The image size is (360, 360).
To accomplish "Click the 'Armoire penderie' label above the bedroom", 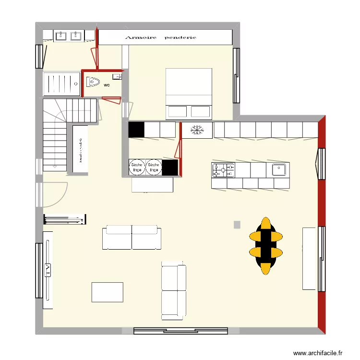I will pyautogui.click(x=160, y=37).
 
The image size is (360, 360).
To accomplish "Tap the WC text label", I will pyautogui.click(x=107, y=85).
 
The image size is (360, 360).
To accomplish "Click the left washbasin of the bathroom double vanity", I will pyautogui.click(x=61, y=36).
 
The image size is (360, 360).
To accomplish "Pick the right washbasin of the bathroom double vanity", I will pyautogui.click(x=76, y=36).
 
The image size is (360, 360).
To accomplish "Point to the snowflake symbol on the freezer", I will pyautogui.click(x=197, y=130).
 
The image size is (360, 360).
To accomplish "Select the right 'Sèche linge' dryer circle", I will pyautogui.click(x=154, y=167).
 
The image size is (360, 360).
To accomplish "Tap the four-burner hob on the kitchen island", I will pyautogui.click(x=223, y=169).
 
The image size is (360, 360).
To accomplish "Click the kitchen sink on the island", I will pyautogui.click(x=279, y=169).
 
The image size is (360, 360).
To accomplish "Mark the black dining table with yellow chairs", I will pyautogui.click(x=265, y=244).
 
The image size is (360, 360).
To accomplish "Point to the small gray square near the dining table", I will pyautogui.click(x=237, y=224).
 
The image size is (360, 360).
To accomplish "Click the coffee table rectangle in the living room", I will pyautogui.click(x=107, y=292).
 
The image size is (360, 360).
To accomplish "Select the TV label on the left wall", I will pyautogui.click(x=48, y=270).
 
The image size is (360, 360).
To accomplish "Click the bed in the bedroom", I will pyautogui.click(x=189, y=93).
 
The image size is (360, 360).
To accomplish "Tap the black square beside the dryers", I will pyautogui.click(x=170, y=168).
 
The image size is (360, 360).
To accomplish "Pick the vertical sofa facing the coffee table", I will pyautogui.click(x=173, y=290).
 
